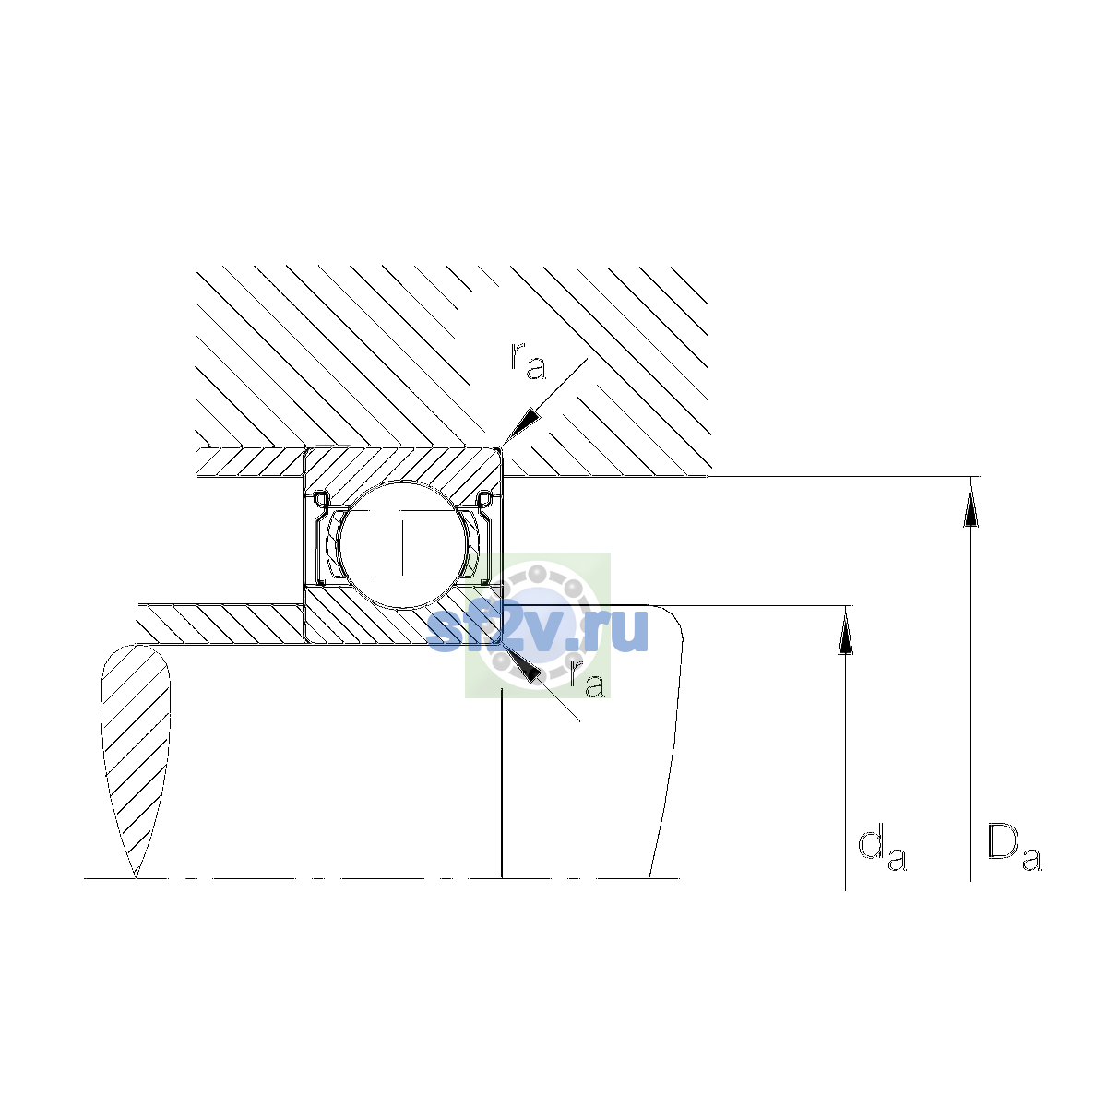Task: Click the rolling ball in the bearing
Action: click(404, 544)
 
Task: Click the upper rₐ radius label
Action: click(528, 362)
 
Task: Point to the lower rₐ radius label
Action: click(588, 679)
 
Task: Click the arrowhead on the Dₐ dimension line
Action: click(970, 502)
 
